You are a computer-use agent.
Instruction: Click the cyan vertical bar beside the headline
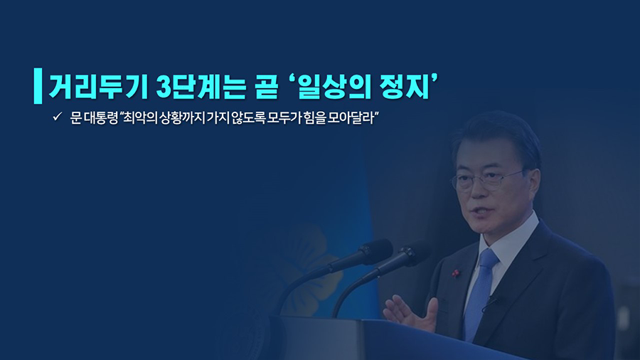point(38,85)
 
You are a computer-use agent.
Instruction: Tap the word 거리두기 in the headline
point(98,86)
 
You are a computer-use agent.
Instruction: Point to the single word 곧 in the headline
point(267,86)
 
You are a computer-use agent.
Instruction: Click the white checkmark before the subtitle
point(57,117)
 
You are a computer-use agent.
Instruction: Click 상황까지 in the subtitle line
point(181,118)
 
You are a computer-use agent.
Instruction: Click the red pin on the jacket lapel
point(457,272)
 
